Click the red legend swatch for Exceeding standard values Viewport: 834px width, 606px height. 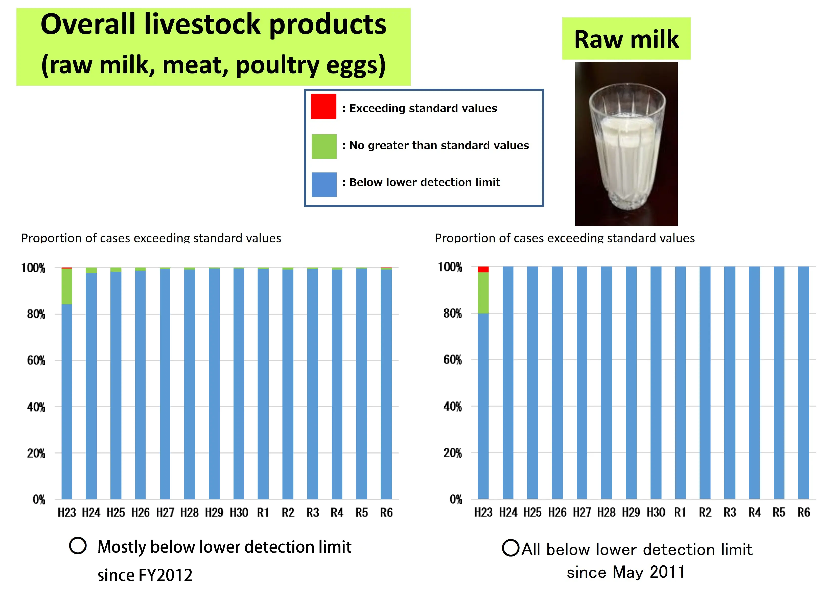click(323, 106)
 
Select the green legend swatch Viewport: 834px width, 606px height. click(323, 146)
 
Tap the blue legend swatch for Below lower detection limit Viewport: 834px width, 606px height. click(323, 185)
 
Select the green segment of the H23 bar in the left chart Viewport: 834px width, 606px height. click(66, 286)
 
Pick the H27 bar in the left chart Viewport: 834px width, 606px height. click(165, 382)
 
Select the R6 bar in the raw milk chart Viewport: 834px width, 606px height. click(803, 382)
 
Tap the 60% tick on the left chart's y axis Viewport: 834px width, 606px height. click(36, 361)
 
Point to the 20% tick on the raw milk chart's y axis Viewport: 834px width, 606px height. click(452, 453)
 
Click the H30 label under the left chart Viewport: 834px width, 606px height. click(239, 512)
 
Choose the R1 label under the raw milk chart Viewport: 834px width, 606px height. click(680, 512)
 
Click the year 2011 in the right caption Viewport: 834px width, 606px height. click(667, 572)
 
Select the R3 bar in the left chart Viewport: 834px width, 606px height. click(313, 382)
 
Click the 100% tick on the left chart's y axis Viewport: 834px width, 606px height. click(33, 268)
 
